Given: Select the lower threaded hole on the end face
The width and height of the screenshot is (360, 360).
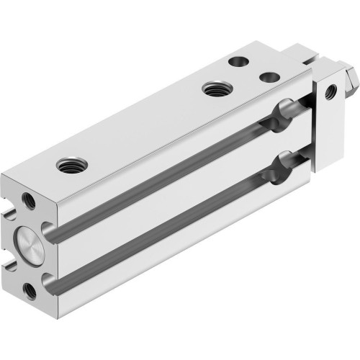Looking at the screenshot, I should tap(30, 290).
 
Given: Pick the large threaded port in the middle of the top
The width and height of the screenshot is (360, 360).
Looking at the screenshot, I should tap(213, 89).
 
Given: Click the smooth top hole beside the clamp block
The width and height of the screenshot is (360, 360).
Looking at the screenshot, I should tap(269, 76).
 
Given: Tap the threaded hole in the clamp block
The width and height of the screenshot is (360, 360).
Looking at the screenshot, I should tap(330, 91).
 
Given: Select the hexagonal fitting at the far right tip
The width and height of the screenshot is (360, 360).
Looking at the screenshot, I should tap(348, 76).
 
